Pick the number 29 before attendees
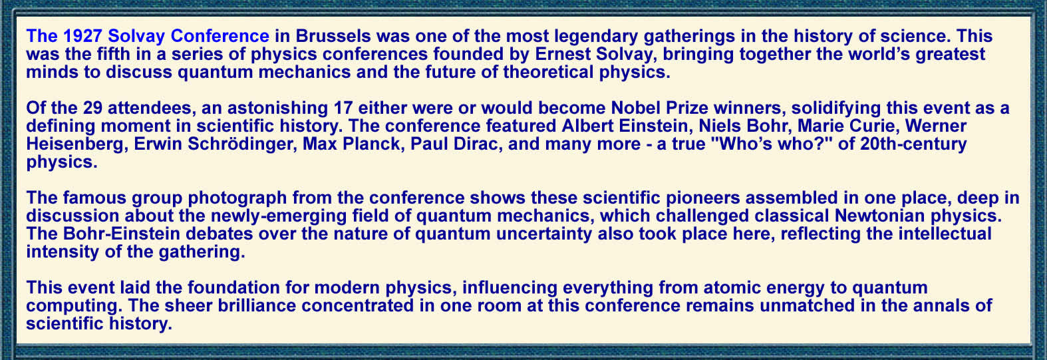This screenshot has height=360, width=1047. pos(92,108)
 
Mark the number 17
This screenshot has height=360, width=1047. pos(343,108)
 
